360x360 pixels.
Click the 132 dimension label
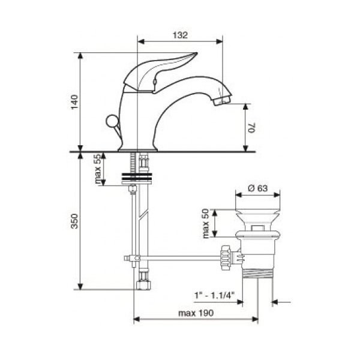[x=180, y=35]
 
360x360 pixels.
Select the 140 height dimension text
[x=74, y=102]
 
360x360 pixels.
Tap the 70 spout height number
[x=252, y=128]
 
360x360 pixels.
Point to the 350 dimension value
[x=74, y=221]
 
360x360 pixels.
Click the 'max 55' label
[x=98, y=169]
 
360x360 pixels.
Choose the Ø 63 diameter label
[x=258, y=188]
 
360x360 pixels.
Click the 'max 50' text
[x=206, y=223]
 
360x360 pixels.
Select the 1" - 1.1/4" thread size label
[x=214, y=295]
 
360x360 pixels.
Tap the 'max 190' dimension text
[x=196, y=313]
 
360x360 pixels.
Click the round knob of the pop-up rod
[x=112, y=121]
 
